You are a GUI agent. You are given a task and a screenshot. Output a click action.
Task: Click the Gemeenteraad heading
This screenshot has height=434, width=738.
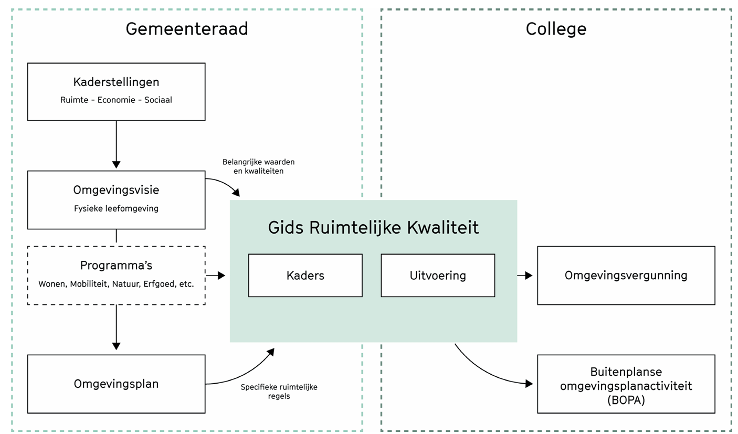pyautogui.click(x=186, y=29)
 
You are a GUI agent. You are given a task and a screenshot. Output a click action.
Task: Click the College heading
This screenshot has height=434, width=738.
pyautogui.click(x=556, y=29)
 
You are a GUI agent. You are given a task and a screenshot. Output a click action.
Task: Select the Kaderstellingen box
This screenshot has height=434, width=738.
pyautogui.click(x=116, y=92)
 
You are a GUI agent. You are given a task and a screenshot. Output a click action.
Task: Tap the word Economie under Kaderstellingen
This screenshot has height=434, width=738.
pyautogui.click(x=117, y=100)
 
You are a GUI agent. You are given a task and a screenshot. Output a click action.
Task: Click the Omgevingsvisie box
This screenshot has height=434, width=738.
pyautogui.click(x=116, y=199)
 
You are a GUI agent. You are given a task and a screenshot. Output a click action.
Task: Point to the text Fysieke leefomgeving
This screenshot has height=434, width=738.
pyautogui.click(x=116, y=208)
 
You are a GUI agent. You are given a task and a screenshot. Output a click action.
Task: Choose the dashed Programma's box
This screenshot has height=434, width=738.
pyautogui.click(x=116, y=275)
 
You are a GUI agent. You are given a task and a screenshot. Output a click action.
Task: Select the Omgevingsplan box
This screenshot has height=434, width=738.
pyautogui.click(x=116, y=384)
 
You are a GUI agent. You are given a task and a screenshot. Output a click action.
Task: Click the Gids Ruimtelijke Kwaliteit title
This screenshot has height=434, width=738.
pyautogui.click(x=373, y=227)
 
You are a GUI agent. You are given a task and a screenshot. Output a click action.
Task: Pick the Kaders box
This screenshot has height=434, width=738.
pyautogui.click(x=305, y=276)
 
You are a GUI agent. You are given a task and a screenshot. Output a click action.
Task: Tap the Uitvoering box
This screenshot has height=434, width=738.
pyautogui.click(x=438, y=276)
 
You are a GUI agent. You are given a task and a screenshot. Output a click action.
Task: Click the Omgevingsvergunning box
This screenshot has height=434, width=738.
pyautogui.click(x=626, y=276)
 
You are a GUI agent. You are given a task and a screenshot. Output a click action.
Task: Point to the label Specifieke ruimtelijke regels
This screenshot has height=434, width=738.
pyautogui.click(x=279, y=391)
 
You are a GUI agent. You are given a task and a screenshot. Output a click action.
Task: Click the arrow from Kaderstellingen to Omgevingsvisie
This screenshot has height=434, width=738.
pyautogui.click(x=116, y=145)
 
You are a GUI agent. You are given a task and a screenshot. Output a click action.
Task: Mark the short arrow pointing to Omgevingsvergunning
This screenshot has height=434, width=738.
pyautogui.click(x=525, y=275)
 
